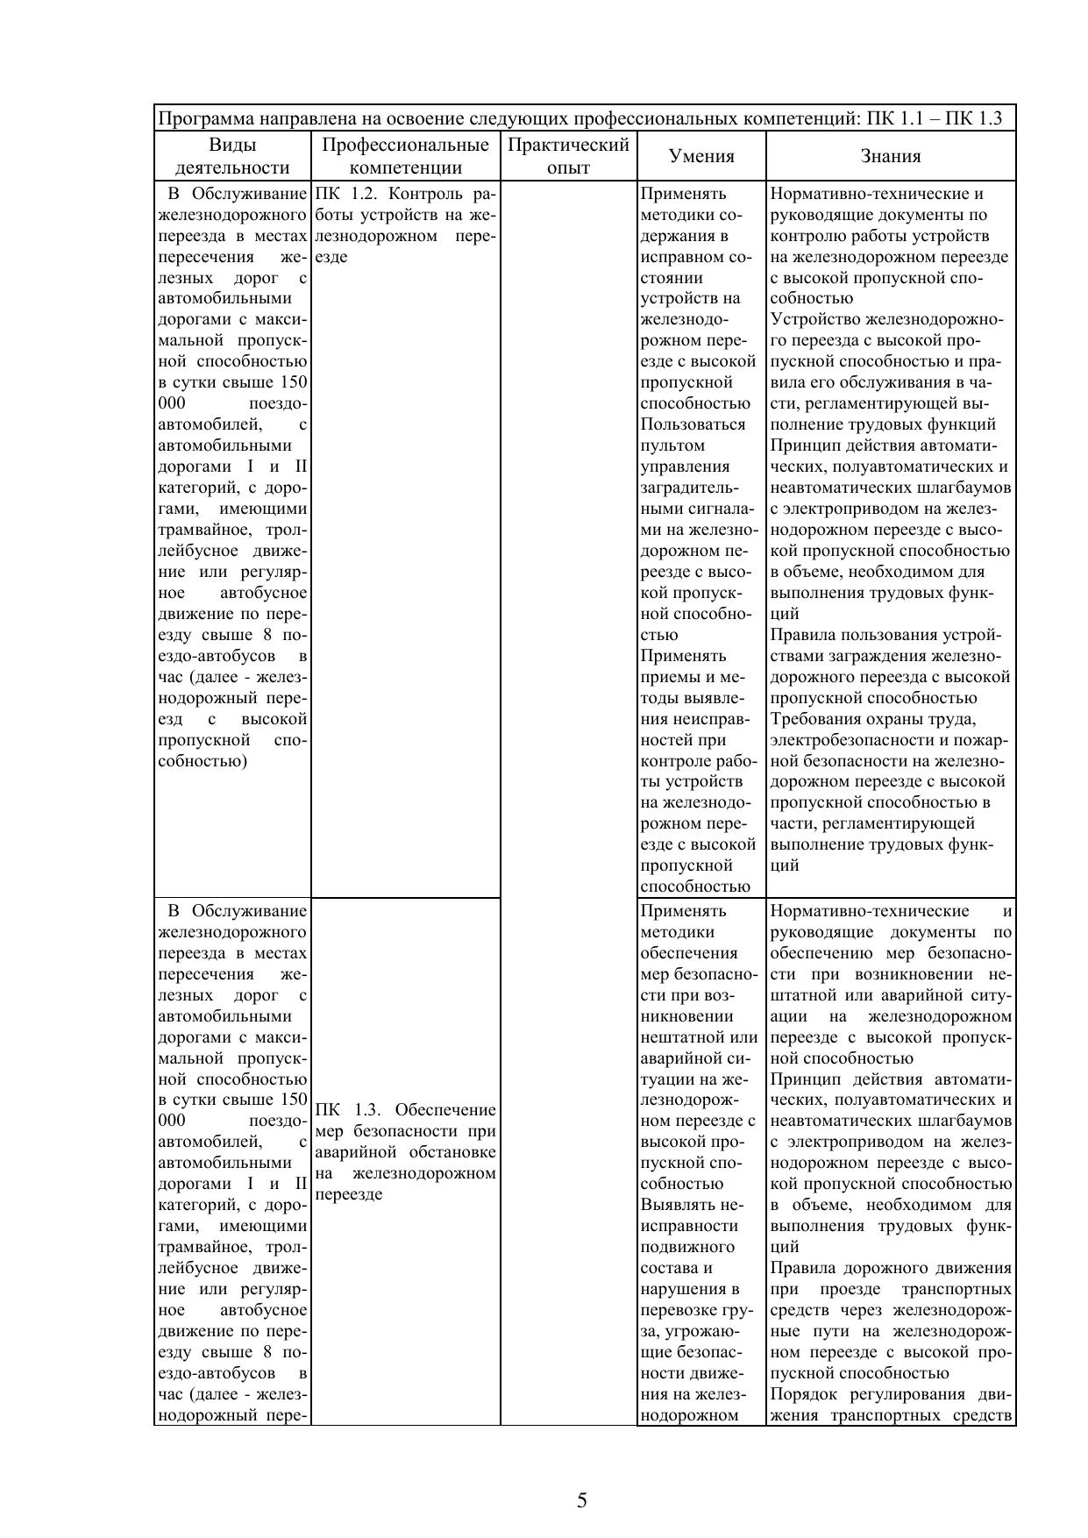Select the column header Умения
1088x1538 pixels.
click(x=701, y=156)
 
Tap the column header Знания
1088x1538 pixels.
click(x=890, y=156)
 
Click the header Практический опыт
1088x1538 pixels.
click(x=568, y=156)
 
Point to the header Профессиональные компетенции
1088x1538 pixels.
click(x=405, y=156)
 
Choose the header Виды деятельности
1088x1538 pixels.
click(x=232, y=156)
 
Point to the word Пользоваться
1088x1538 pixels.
click(x=693, y=424)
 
